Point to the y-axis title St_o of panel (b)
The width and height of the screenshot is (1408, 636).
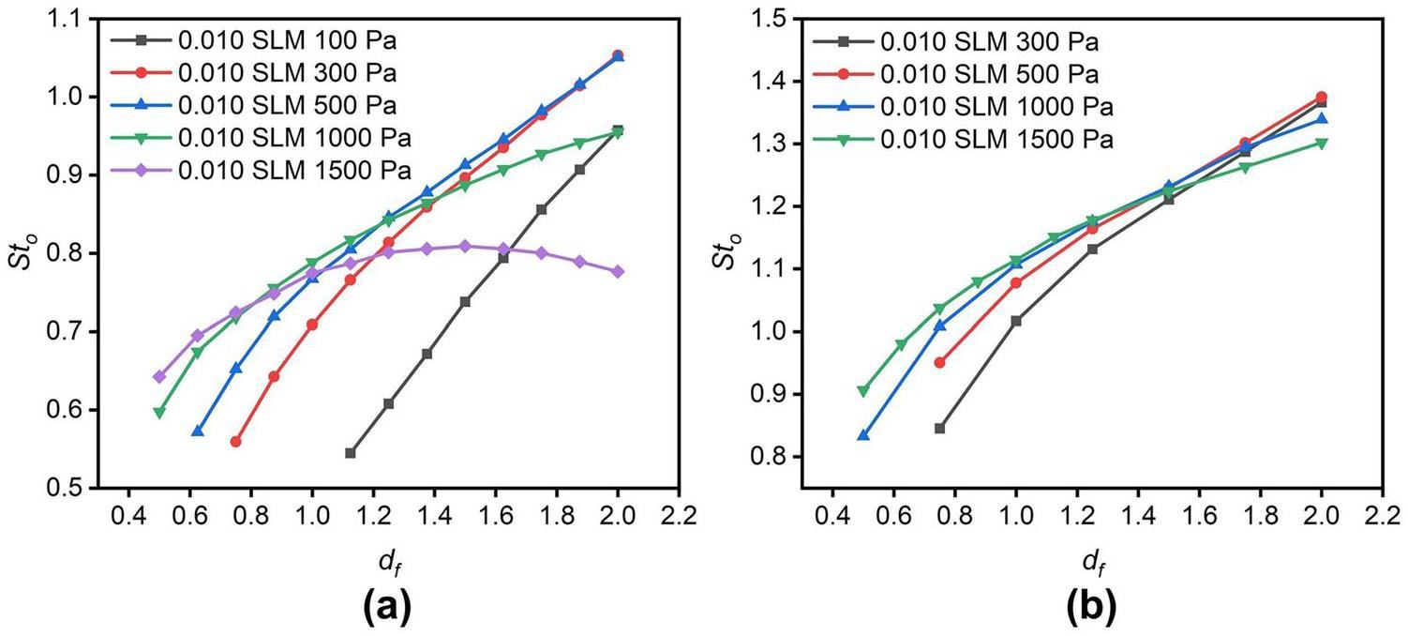pos(726,253)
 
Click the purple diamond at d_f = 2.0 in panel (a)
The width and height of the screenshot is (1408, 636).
pos(618,271)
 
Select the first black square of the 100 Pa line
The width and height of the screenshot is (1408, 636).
pos(351,453)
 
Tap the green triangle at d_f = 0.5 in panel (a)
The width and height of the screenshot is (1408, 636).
pos(159,412)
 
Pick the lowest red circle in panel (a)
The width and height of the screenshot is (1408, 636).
pos(235,442)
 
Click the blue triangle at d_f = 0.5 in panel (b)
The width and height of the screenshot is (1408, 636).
pos(862,435)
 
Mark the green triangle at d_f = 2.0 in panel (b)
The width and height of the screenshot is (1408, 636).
pos(1322,144)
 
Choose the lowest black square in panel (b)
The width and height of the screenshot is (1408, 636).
pos(939,429)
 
